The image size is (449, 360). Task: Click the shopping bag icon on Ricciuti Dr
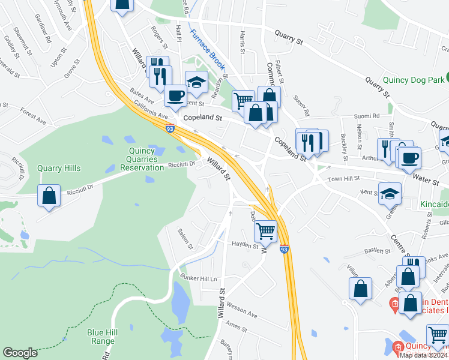tap(48, 195)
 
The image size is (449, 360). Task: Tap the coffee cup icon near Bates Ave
tap(175, 95)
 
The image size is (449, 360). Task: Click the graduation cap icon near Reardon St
tap(196, 83)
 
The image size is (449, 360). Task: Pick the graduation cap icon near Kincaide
tap(390, 194)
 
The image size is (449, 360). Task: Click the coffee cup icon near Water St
tap(410, 158)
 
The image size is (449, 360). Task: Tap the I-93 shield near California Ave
tap(172, 128)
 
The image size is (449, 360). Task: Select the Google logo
tap(20, 353)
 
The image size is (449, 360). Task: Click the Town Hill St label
tap(343, 179)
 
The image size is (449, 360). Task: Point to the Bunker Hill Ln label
tap(197, 278)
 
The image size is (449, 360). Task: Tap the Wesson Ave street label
tap(241, 314)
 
